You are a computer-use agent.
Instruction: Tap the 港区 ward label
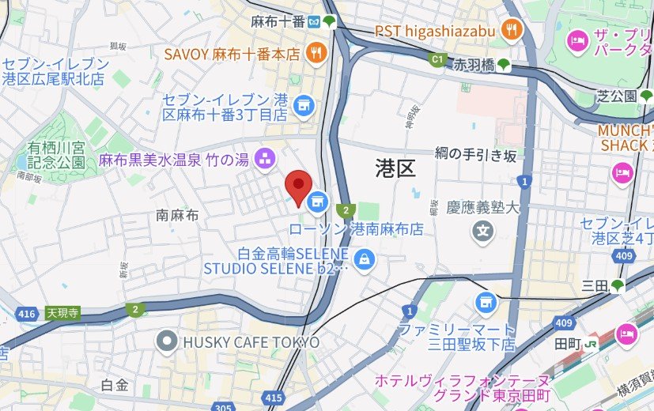(395, 168)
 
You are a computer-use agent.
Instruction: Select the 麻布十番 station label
(278, 21)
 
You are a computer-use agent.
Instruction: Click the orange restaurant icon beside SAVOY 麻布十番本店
(316, 54)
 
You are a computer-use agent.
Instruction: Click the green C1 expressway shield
(437, 59)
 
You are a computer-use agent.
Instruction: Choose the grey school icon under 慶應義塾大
(482, 232)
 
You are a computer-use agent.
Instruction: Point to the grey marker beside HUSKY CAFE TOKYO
(167, 342)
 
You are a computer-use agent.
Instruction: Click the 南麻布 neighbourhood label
(177, 214)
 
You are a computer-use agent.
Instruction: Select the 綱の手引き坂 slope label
(475, 154)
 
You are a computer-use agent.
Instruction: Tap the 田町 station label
(569, 344)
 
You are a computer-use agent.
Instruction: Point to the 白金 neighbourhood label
(115, 385)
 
